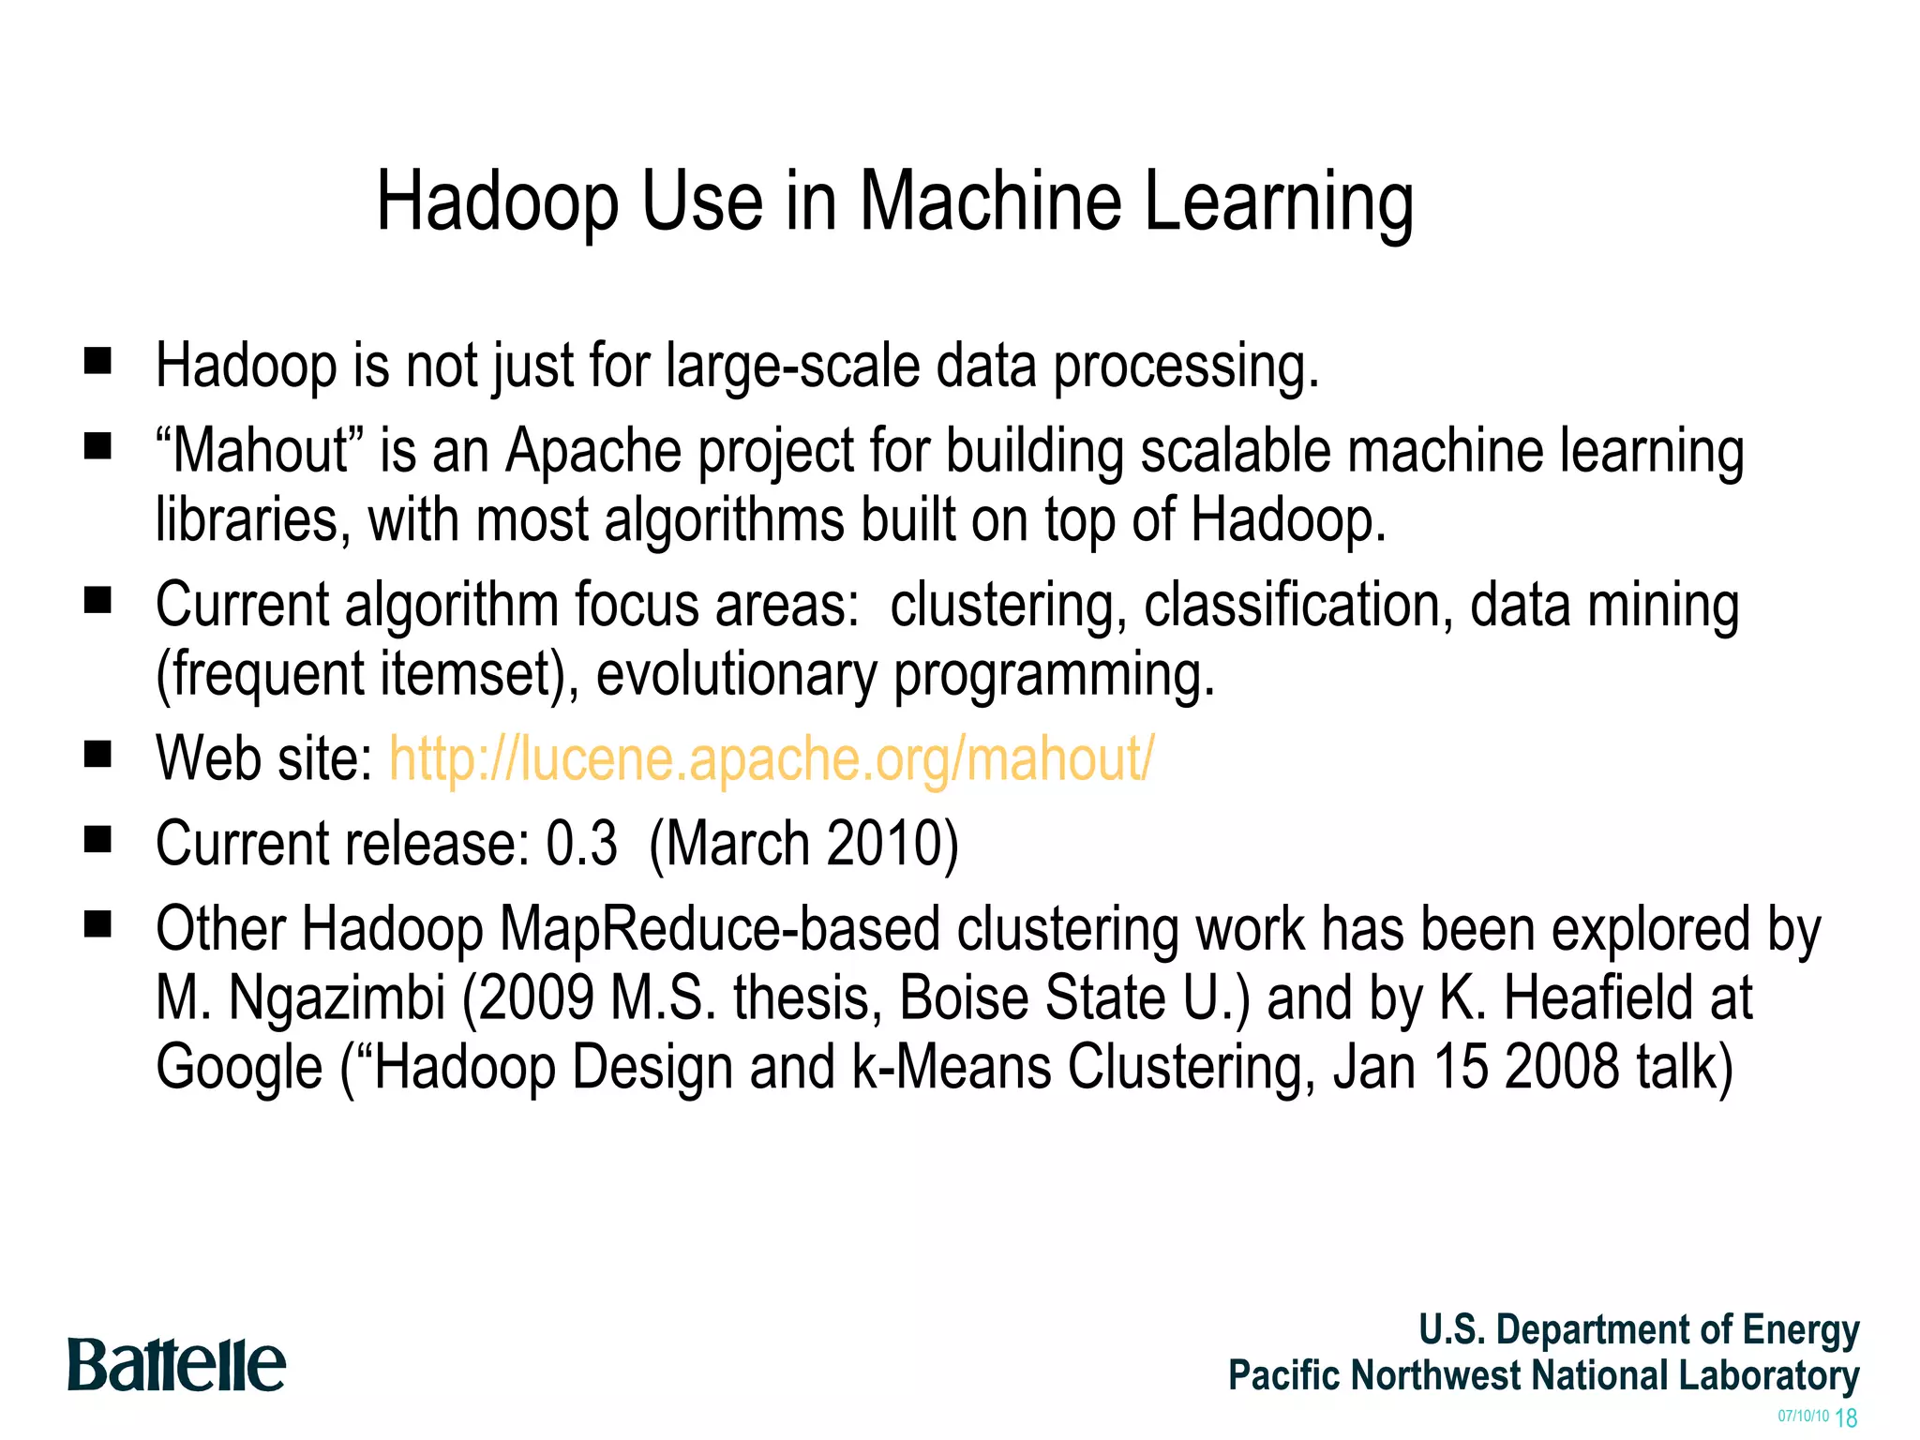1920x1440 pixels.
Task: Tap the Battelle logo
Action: [x=176, y=1365]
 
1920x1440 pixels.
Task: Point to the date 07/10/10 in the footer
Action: [x=1803, y=1416]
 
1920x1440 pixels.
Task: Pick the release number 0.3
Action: [x=581, y=843]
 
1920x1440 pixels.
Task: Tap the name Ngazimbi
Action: [x=337, y=997]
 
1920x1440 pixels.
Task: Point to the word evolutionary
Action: [x=735, y=674]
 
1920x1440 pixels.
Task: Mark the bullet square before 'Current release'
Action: [x=97, y=839]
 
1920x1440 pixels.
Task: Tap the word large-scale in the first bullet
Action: [x=792, y=365]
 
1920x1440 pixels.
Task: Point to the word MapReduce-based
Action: [x=719, y=929]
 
